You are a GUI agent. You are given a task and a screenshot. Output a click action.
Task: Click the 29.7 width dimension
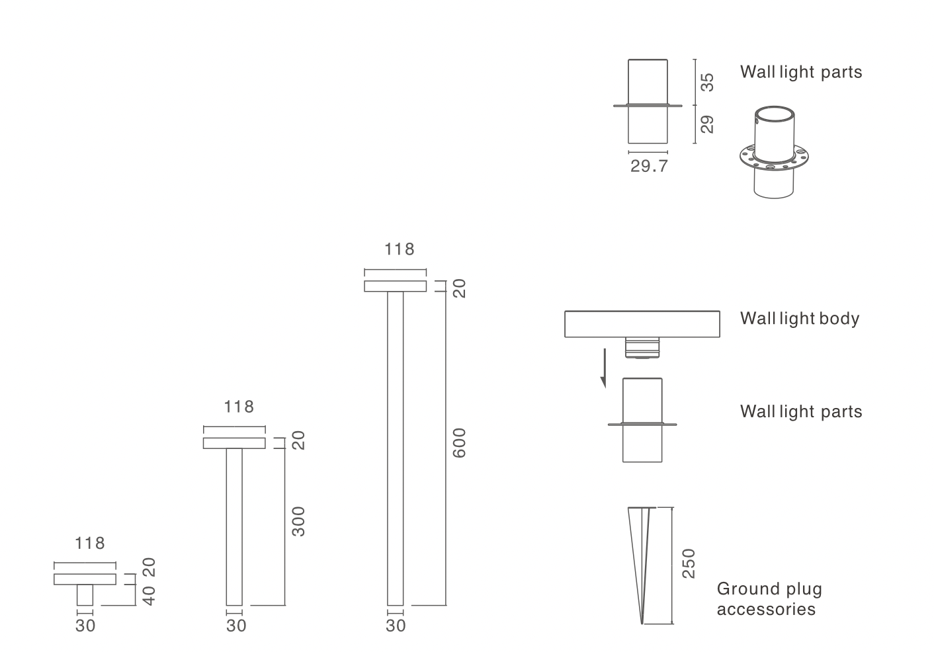pos(649,167)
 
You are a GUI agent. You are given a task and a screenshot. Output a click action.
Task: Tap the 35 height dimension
pos(707,83)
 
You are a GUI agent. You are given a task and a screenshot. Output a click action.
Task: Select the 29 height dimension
pos(707,124)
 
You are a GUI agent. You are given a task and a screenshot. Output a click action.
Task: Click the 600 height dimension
pos(459,443)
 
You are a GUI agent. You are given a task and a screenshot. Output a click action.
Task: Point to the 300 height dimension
pos(298,522)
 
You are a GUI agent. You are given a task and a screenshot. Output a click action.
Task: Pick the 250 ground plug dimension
pos(689,563)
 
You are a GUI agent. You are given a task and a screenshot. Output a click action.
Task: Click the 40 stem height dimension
pos(149,596)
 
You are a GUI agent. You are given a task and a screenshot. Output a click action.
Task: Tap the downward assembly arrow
pos(604,368)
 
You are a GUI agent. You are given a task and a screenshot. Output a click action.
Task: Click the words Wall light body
pos(800,319)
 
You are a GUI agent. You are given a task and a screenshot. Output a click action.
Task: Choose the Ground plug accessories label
pos(769,599)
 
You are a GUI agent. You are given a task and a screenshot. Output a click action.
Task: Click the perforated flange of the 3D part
pos(775,157)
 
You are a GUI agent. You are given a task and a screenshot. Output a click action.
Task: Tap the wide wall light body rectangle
pos(642,324)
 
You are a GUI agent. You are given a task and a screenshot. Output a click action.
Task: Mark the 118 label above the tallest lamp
pos(399,249)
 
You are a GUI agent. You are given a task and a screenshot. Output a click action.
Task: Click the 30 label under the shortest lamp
pos(85,626)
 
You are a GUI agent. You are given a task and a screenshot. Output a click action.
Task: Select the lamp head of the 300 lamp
pos(234,443)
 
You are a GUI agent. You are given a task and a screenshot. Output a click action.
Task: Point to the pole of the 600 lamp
pos(396,448)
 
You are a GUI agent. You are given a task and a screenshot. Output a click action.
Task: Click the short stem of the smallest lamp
pos(85,595)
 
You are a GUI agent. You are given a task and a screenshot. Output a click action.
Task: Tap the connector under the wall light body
pos(642,348)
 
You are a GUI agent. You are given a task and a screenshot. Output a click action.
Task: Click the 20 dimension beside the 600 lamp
pos(459,288)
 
